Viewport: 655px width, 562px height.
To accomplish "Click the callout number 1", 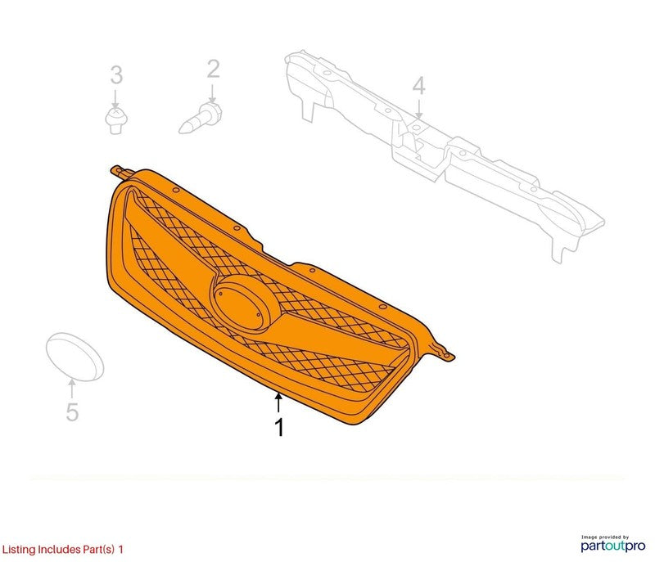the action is point(279,427).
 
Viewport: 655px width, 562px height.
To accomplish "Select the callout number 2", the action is point(213,70).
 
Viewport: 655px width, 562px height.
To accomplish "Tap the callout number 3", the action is point(116,75).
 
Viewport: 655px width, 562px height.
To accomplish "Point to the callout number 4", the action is point(418,86).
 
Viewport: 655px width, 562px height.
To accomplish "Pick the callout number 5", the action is point(72,411).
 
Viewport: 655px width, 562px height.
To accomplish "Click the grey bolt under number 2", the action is point(201,119).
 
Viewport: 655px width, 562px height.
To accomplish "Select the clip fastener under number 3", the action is point(116,120).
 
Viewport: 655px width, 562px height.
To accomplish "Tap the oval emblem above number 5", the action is point(75,357).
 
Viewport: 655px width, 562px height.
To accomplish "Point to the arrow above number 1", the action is point(278,402).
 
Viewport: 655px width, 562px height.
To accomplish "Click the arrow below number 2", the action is point(213,94).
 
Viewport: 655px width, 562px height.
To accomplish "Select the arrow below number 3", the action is point(115,99).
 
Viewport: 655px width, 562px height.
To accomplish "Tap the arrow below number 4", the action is point(418,110).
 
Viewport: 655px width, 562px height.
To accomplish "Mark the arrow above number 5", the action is point(72,389).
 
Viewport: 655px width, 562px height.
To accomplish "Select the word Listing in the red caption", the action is point(19,550).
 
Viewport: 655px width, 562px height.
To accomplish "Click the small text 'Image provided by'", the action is point(604,537).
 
